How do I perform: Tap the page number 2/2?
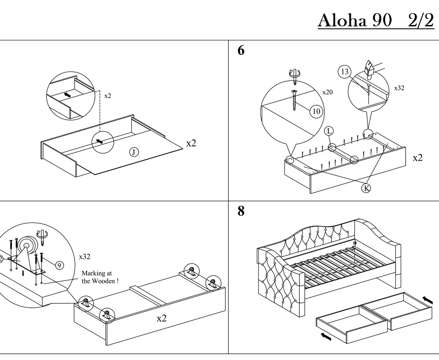[421, 20]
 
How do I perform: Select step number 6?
[241, 50]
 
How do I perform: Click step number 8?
[241, 211]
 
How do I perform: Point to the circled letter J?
[134, 152]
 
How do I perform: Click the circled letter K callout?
[366, 188]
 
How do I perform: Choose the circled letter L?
[329, 131]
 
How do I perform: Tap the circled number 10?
[317, 112]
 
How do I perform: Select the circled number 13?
[345, 72]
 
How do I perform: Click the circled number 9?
[59, 265]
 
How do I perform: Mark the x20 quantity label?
[327, 92]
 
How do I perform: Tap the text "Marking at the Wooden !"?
[100, 277]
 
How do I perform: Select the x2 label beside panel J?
[191, 143]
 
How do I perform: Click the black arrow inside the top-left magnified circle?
[68, 95]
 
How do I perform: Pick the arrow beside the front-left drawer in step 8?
[326, 336]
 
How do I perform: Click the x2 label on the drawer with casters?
[162, 318]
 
